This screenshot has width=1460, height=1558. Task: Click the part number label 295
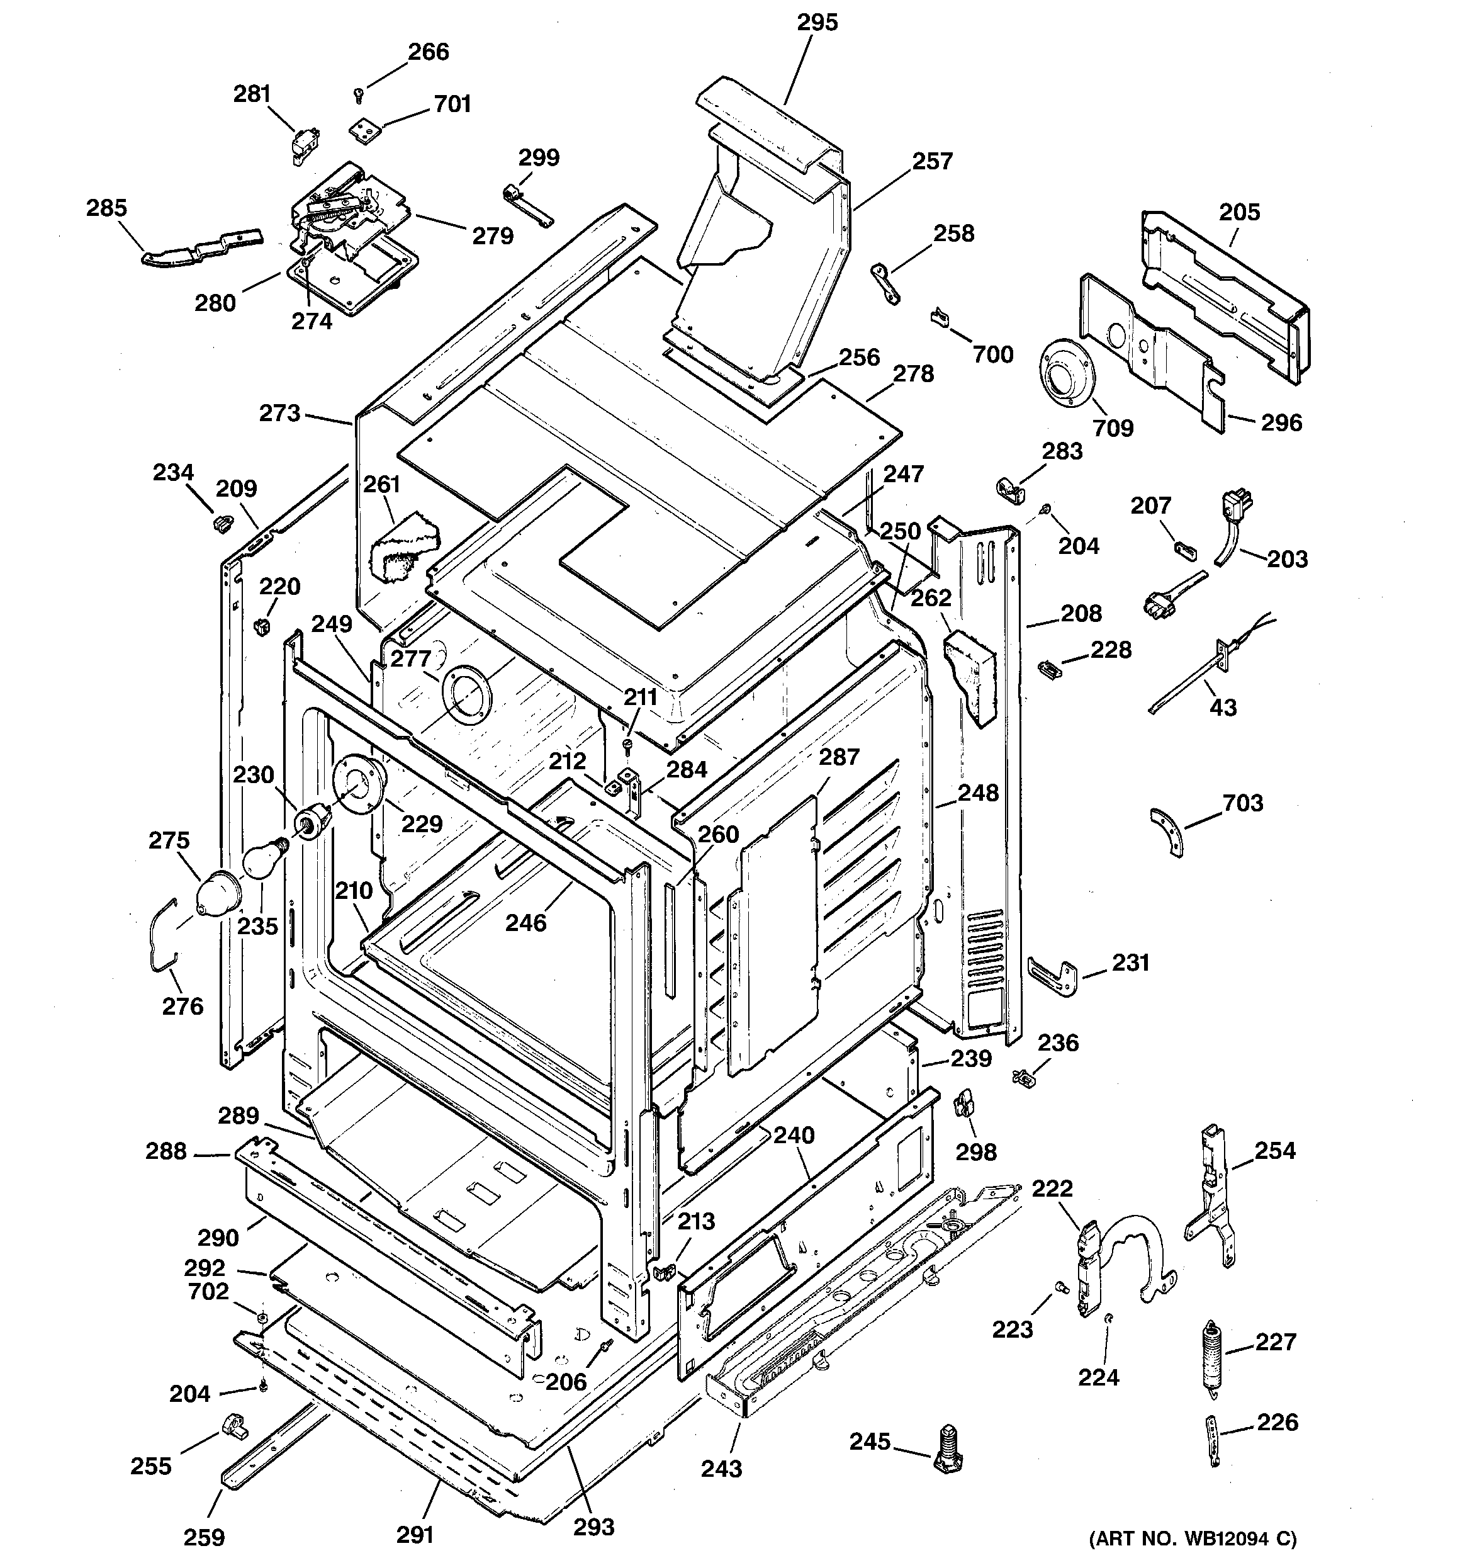[x=817, y=23]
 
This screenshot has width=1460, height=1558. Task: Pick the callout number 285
[x=106, y=208]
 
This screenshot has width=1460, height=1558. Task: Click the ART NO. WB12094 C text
[x=1192, y=1538]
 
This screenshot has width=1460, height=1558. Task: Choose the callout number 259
[x=205, y=1537]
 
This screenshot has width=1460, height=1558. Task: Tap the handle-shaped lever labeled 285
[x=200, y=247]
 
